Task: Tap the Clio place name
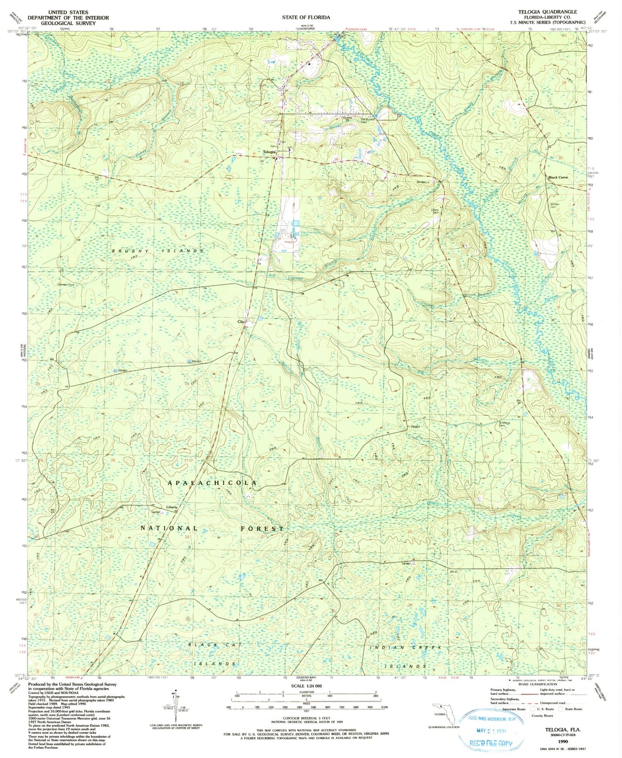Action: click(241, 322)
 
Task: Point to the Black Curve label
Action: click(558, 177)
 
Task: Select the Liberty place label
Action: click(172, 507)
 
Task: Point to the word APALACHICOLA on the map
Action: click(212, 483)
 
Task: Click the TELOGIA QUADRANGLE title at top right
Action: click(544, 12)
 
